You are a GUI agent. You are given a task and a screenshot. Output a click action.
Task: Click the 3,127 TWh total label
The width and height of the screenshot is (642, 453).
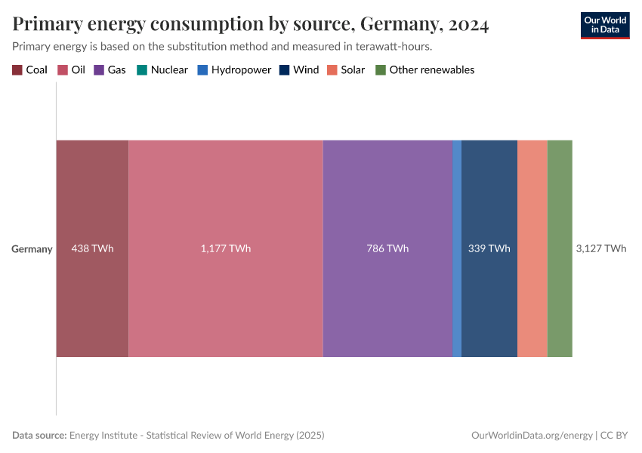pos(600,248)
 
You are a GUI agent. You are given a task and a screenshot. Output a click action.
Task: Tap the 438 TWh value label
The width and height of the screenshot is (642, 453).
pos(92,248)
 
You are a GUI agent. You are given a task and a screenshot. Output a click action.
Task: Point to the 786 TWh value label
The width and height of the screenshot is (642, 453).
pos(387,248)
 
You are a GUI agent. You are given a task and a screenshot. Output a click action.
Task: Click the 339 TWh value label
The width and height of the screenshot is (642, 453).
pos(489,248)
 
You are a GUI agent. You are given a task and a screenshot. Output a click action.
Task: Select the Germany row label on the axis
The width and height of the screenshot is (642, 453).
pos(32,248)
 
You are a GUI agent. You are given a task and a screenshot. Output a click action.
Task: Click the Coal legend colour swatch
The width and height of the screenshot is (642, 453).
pos(17,70)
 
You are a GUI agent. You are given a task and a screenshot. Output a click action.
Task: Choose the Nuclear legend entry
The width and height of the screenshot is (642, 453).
pos(162,70)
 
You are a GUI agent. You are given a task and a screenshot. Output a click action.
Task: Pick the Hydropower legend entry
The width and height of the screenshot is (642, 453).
pos(234,70)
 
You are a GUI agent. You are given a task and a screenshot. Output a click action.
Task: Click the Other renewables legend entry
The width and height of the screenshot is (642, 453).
pos(425,70)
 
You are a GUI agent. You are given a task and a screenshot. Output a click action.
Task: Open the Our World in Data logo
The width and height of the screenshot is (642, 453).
pos(604,25)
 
